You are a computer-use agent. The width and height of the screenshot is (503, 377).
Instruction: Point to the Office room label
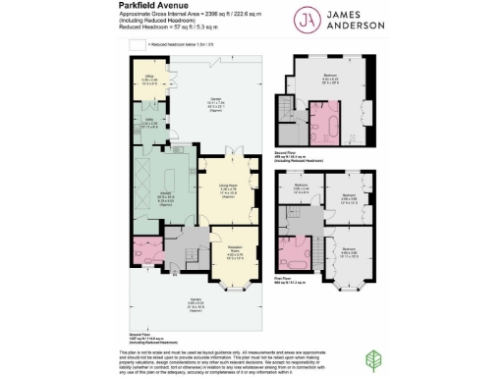[152, 78]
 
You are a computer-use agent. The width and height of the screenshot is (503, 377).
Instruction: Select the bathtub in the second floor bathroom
[323, 126]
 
